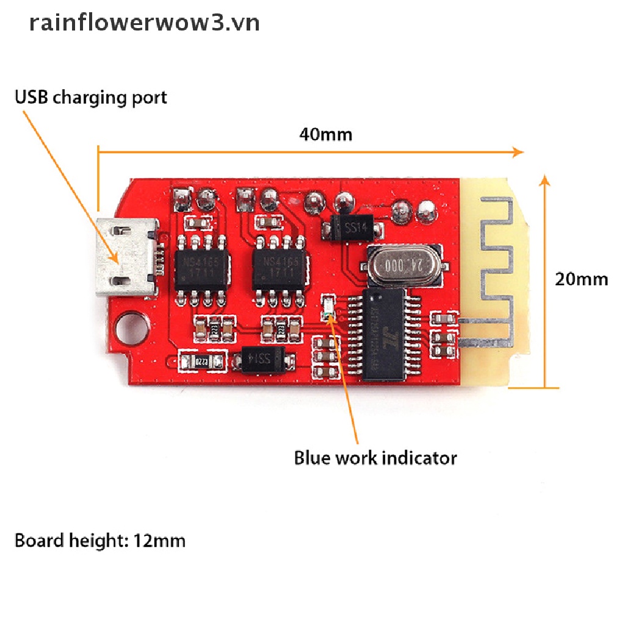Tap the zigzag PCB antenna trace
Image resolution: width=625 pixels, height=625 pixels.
click(x=496, y=269)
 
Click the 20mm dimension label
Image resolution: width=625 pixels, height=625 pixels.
click(x=581, y=279)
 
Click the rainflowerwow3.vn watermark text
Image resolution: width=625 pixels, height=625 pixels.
click(x=145, y=23)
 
